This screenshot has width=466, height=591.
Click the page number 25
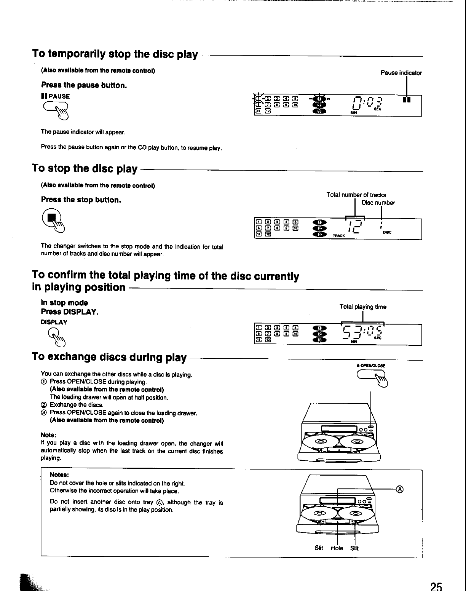coord(436,586)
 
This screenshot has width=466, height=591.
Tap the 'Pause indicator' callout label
coord(401,73)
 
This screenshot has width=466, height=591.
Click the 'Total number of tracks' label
coord(356,195)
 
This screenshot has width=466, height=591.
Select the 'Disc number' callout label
coord(378,203)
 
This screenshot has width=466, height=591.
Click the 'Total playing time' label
coord(363,307)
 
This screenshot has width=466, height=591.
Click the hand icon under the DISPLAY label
coord(56,337)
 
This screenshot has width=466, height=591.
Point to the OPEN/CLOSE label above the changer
coord(371,365)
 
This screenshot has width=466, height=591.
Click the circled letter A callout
coord(400,489)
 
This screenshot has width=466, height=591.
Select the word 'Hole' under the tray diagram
coord(337,548)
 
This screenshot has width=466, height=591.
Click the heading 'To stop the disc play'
coord(85,168)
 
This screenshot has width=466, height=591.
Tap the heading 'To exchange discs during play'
coord(109,357)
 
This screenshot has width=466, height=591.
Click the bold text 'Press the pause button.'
coord(84,85)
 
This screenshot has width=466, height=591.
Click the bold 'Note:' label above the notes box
coord(48,435)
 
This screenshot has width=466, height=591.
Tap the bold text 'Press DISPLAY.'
coord(70,312)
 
